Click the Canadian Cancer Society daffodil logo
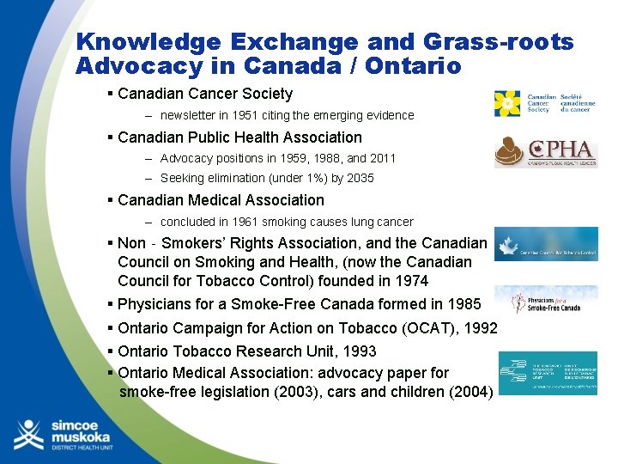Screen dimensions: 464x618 [507, 103]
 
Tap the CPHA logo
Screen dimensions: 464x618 [546, 152]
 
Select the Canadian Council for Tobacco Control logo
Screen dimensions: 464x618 [546, 244]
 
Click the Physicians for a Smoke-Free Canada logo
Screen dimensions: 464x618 [546, 302]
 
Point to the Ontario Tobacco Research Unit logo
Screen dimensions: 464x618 [548, 373]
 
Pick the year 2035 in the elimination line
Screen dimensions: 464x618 [360, 178]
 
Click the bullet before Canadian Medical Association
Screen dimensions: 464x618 [111, 200]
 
